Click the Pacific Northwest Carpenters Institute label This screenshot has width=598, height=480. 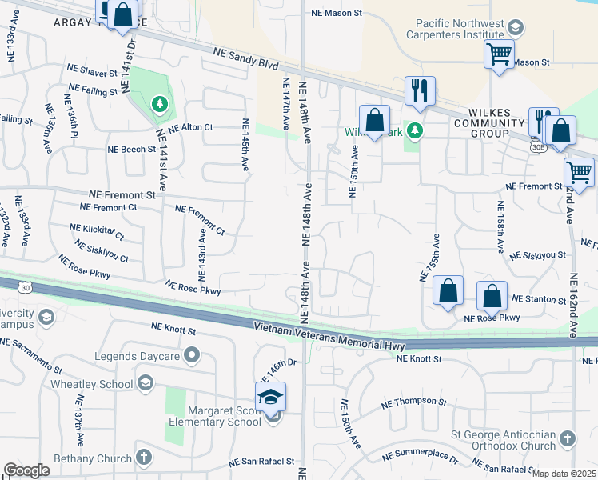click(460, 30)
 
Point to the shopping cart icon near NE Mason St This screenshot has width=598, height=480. click(499, 55)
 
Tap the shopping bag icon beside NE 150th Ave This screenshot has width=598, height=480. click(374, 121)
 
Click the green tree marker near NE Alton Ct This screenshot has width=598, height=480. click(160, 104)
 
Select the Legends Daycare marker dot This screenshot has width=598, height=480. click(191, 354)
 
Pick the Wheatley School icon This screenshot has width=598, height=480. click(146, 384)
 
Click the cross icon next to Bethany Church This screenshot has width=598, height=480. click(143, 458)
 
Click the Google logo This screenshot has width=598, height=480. click(26, 470)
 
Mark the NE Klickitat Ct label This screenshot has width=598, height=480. click(96, 232)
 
